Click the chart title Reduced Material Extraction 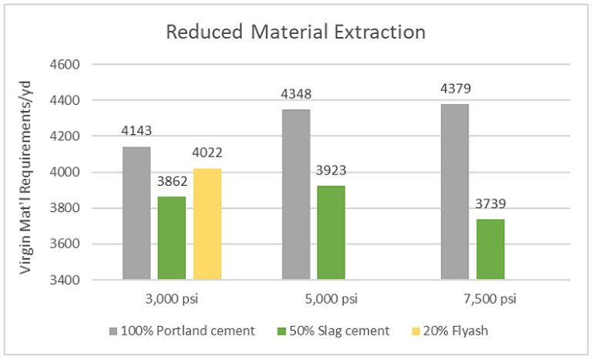click(x=297, y=32)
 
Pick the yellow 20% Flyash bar click(x=207, y=224)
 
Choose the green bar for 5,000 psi click(x=331, y=232)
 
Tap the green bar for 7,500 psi click(x=490, y=249)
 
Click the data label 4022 click(x=207, y=153)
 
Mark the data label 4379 click(x=455, y=89)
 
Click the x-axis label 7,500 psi click(x=473, y=298)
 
